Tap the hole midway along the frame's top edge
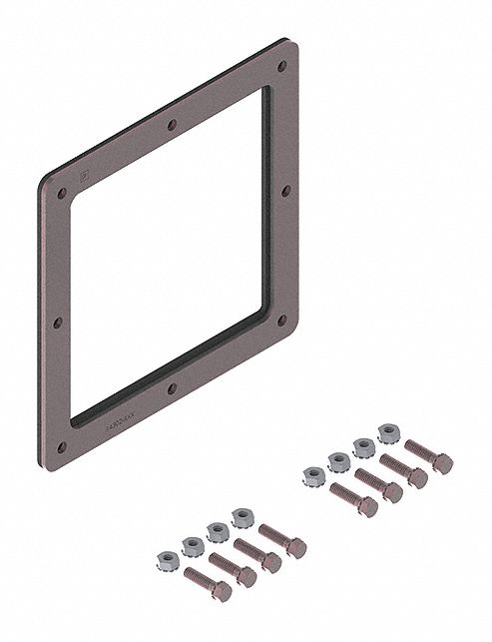pyautogui.click(x=172, y=126)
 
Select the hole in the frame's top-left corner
pyautogui.click(x=63, y=192)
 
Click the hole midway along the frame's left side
pyautogui.click(x=59, y=321)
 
